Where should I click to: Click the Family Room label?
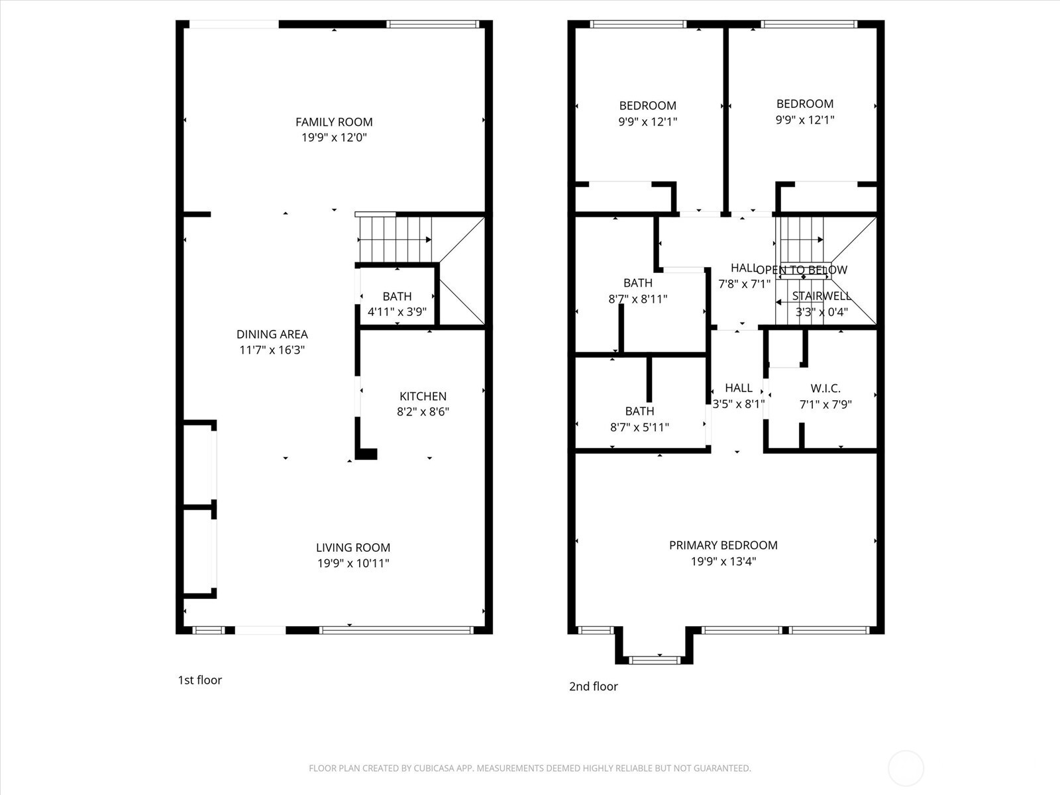(334, 122)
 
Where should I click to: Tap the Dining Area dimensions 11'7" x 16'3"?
(272, 350)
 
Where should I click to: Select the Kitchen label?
(423, 396)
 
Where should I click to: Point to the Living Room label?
(352, 547)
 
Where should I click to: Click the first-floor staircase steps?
(395, 239)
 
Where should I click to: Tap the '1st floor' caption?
(199, 680)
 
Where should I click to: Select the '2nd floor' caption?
(593, 686)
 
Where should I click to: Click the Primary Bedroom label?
(723, 545)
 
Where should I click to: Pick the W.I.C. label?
(825, 389)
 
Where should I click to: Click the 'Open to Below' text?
(802, 270)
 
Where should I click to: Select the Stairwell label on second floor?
(821, 296)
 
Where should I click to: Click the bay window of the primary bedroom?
(654, 659)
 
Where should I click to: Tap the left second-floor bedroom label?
(647, 105)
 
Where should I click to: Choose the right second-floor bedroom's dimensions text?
(804, 120)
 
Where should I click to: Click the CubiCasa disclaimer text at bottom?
(529, 768)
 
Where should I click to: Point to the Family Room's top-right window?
(433, 25)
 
